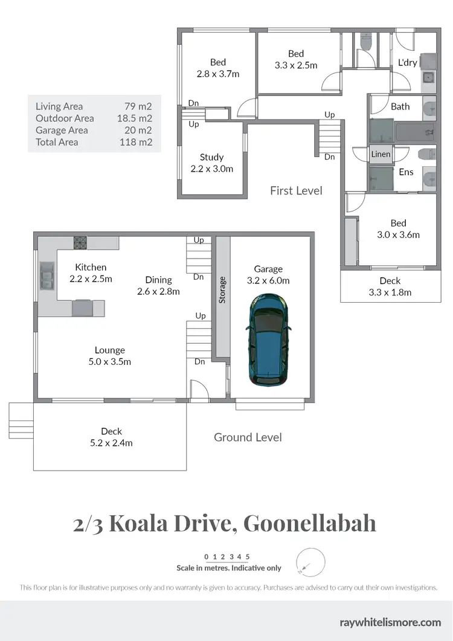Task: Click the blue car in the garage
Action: (268, 340)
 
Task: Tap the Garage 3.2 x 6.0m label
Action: (268, 275)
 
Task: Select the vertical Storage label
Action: (222, 289)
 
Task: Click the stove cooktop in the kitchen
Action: (81, 243)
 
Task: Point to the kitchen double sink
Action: (47, 277)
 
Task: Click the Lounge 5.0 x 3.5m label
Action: (110, 356)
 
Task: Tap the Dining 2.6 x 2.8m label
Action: (158, 285)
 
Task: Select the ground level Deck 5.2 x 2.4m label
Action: (111, 437)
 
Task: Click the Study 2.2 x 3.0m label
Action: (211, 163)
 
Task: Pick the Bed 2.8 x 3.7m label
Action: (218, 68)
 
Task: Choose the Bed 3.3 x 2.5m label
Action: (296, 59)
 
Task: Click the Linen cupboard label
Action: (381, 154)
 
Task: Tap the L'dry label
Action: (407, 62)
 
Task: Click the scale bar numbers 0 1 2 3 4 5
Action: (227, 556)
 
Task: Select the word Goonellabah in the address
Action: (309, 523)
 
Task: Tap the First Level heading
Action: (296, 191)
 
